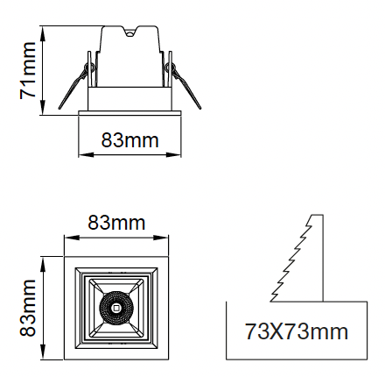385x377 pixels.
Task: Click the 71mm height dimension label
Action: [28, 70]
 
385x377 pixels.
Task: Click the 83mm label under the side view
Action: [129, 140]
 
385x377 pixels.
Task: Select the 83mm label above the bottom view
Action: [116, 223]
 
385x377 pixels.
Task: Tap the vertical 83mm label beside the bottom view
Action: [28, 308]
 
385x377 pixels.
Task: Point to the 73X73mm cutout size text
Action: [297, 331]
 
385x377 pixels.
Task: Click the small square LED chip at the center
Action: [116, 308]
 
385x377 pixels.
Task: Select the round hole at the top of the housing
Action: [129, 33]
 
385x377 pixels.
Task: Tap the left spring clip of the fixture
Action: [75, 86]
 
